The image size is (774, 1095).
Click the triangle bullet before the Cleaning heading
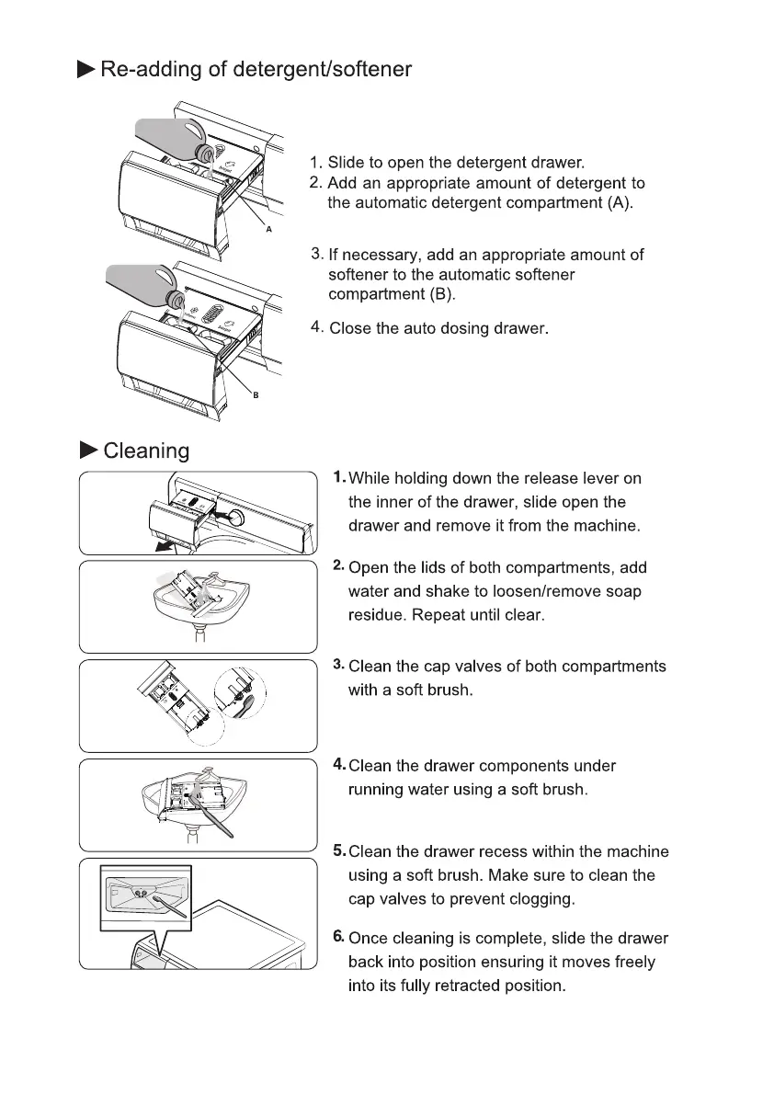(88, 450)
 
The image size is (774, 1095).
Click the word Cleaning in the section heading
(146, 451)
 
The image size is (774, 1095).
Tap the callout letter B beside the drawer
(255, 395)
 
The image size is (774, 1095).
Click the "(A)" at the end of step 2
(620, 202)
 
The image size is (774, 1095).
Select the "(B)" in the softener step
(442, 295)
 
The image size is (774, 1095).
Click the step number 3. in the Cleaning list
(338, 665)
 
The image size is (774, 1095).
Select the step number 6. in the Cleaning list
(338, 937)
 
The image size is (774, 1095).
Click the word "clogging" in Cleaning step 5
(543, 899)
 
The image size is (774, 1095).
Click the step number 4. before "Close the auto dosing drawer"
(316, 326)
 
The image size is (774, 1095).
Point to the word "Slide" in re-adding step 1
(346, 164)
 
